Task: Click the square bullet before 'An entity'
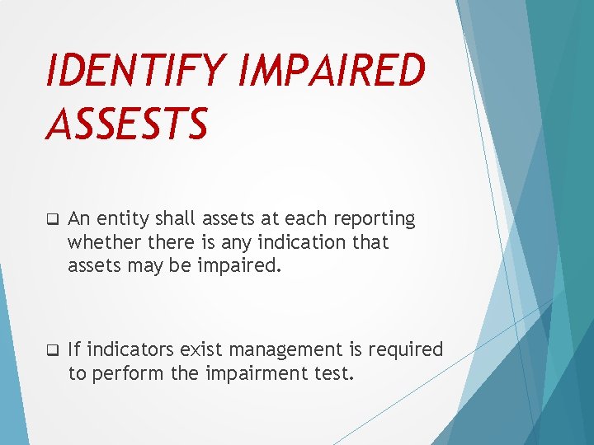point(51,220)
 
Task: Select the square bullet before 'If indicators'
point(51,351)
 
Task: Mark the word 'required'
point(406,350)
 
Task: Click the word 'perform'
point(128,373)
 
